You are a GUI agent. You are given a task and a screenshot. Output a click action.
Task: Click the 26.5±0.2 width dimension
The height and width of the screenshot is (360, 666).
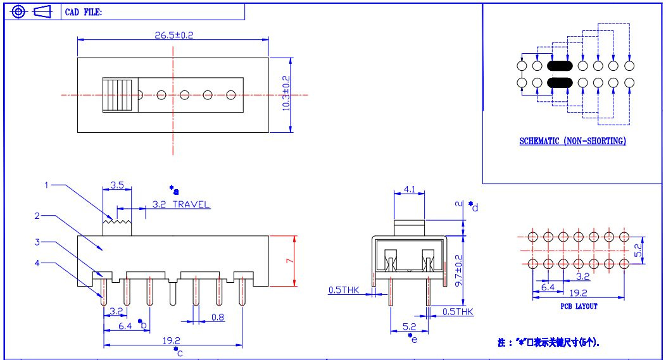pyautogui.click(x=173, y=35)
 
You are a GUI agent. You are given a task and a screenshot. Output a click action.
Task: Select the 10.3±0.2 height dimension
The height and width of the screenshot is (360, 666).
pyautogui.click(x=286, y=94)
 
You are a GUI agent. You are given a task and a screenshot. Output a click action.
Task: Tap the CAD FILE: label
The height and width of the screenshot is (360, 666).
pyautogui.click(x=84, y=12)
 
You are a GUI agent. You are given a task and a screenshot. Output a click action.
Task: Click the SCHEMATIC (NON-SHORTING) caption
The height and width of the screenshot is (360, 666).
pyautogui.click(x=572, y=141)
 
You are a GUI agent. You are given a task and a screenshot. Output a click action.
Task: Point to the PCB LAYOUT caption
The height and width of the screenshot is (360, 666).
pyautogui.click(x=579, y=306)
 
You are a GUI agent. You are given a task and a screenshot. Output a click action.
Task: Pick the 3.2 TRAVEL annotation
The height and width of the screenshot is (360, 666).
pyautogui.click(x=181, y=204)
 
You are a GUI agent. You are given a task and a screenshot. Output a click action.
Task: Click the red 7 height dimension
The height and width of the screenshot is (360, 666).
pyautogui.click(x=290, y=261)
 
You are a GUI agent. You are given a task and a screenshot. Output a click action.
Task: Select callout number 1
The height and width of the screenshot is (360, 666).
pyautogui.click(x=47, y=185)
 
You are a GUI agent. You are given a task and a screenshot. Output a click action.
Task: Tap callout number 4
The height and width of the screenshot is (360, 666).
pyautogui.click(x=37, y=263)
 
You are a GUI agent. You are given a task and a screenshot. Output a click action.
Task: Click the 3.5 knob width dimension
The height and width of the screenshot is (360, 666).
pyautogui.click(x=117, y=185)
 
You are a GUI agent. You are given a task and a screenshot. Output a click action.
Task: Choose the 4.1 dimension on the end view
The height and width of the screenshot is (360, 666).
pyautogui.click(x=410, y=189)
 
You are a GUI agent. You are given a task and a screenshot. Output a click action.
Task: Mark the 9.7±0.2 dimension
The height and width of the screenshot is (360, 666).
pyautogui.click(x=459, y=270)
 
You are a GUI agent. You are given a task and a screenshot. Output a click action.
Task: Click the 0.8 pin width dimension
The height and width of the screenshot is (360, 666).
pyautogui.click(x=218, y=317)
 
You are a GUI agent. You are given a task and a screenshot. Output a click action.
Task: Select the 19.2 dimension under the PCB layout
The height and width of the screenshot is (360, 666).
pyautogui.click(x=578, y=293)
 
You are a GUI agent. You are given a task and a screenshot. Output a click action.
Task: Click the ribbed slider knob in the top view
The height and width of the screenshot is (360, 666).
pyautogui.click(x=118, y=95)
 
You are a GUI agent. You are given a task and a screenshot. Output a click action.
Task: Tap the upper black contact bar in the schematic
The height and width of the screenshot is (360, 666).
pyautogui.click(x=560, y=66)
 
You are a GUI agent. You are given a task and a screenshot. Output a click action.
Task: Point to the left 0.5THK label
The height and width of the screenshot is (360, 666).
pyautogui.click(x=344, y=290)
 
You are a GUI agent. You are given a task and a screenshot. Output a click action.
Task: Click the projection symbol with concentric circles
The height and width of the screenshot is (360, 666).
pyautogui.click(x=18, y=12)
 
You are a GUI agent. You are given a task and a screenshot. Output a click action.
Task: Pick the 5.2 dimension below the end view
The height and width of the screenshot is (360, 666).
pyautogui.click(x=409, y=326)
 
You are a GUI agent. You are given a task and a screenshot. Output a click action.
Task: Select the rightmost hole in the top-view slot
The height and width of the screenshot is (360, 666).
pyautogui.click(x=230, y=95)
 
